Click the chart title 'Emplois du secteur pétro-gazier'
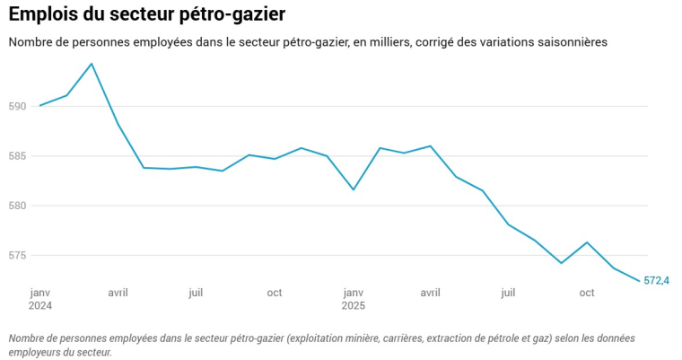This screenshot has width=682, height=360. point(147,14)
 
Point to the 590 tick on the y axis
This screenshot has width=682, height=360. point(17,106)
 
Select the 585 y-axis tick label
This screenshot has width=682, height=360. point(17,156)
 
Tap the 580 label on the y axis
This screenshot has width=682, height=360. point(17,206)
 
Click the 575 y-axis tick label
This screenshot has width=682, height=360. point(17,256)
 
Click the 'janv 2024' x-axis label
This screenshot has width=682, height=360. point(40,299)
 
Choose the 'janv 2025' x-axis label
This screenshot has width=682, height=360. point(354,299)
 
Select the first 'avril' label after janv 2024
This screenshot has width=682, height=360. point(118,293)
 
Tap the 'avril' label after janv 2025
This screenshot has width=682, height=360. point(431,293)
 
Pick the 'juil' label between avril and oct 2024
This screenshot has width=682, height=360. point(196,293)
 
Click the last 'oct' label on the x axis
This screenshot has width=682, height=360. point(587,293)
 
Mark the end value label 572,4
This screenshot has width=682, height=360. point(657,281)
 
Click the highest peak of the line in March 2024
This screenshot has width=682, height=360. point(92,64)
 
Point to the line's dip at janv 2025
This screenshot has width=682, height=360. point(354,189)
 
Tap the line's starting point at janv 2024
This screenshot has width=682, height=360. point(40,106)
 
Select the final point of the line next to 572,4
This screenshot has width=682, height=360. point(639,281)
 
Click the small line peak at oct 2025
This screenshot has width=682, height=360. point(587,242)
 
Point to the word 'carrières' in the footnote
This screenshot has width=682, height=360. point(402,338)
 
